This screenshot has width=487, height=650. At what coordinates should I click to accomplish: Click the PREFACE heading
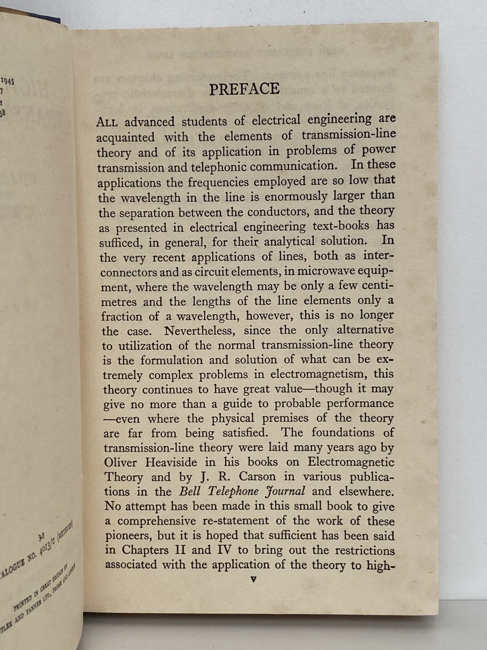click(x=244, y=89)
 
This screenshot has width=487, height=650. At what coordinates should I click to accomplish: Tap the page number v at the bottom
click(x=253, y=580)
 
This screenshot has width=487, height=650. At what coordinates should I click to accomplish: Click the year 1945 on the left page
click(x=8, y=81)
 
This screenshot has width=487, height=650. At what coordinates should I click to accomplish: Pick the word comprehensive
click(x=156, y=521)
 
